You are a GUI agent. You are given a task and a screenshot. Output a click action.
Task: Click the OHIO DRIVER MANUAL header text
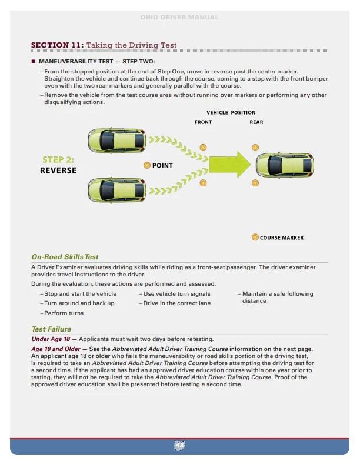(179, 18)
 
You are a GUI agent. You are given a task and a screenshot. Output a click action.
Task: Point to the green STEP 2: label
(58, 160)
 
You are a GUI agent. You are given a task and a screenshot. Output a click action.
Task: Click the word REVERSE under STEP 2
(58, 170)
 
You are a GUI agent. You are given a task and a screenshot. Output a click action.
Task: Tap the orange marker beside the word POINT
(147, 165)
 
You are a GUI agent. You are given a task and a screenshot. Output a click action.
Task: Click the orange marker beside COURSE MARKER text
(255, 237)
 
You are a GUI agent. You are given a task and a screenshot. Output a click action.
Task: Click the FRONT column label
(203, 122)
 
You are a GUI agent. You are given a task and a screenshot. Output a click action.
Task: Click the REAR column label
(256, 122)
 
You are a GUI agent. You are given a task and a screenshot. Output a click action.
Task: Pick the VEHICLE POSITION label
(231, 112)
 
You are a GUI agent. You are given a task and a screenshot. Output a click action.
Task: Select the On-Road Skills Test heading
(65, 257)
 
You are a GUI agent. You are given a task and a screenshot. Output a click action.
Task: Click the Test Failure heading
(51, 329)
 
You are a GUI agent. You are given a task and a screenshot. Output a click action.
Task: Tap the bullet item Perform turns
(64, 313)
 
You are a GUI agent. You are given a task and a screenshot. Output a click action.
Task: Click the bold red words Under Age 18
(51, 339)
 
